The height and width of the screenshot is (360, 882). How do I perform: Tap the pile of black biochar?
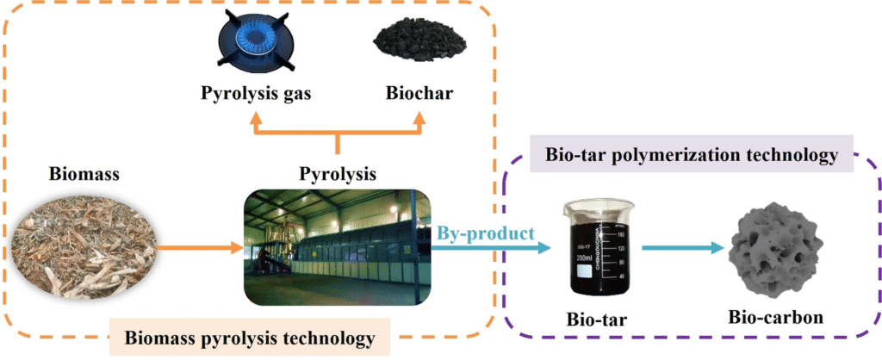[x=419, y=44]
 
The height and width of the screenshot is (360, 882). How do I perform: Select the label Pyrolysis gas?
[x=256, y=94]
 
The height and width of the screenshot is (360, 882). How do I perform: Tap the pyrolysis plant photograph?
[x=337, y=248]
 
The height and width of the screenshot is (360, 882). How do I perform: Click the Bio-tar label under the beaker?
[x=596, y=319]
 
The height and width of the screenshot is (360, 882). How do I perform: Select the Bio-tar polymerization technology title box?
[x=693, y=156]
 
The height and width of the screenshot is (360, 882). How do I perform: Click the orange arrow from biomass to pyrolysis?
[x=200, y=249]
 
